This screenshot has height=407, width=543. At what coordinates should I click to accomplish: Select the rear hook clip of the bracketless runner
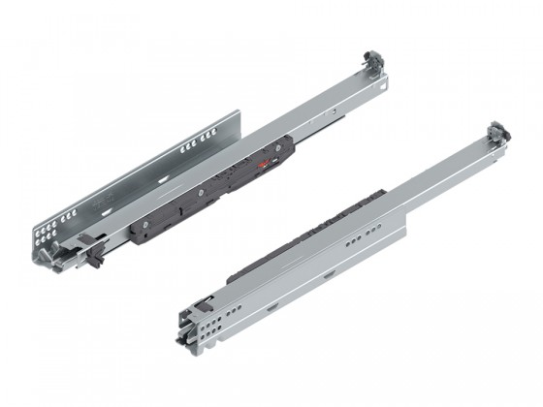496,131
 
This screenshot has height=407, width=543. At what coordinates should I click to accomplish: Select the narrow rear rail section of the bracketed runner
330,111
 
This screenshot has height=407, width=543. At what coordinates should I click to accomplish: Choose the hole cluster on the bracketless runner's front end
208,311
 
